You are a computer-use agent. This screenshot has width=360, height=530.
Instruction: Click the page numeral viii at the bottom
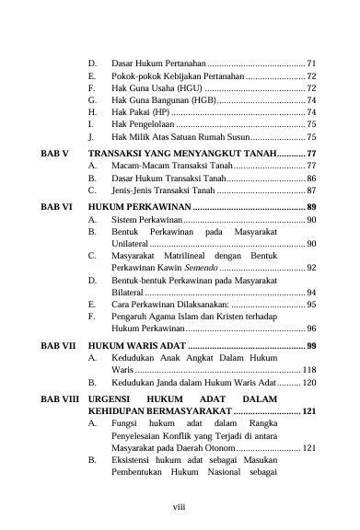179,503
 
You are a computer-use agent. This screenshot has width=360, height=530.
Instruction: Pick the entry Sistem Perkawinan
145,221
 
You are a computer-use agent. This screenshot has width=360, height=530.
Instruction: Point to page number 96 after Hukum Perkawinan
311,328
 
